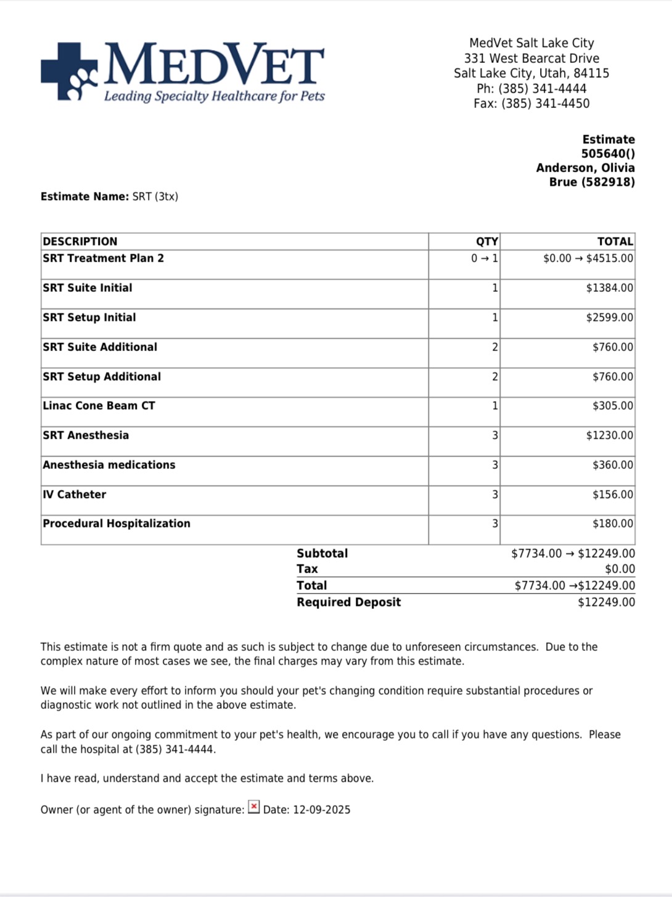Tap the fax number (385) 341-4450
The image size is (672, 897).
545,104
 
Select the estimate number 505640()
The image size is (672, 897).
608,154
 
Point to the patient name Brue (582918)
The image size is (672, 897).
592,182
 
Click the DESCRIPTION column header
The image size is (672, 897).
80,241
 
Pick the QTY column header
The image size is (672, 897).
486,241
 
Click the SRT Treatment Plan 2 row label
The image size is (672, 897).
104,258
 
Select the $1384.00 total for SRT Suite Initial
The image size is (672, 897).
609,288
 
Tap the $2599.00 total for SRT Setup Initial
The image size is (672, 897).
609,318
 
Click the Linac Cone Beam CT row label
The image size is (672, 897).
99,406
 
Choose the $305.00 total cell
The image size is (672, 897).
612,406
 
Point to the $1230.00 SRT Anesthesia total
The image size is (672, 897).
609,436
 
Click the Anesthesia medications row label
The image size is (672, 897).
109,465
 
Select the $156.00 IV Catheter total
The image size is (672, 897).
612,495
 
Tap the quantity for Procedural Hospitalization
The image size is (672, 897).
494,524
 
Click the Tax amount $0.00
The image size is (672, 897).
620,569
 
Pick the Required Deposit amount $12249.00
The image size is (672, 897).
606,603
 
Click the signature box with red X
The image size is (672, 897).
254,808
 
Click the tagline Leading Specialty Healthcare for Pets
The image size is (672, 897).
215,96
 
